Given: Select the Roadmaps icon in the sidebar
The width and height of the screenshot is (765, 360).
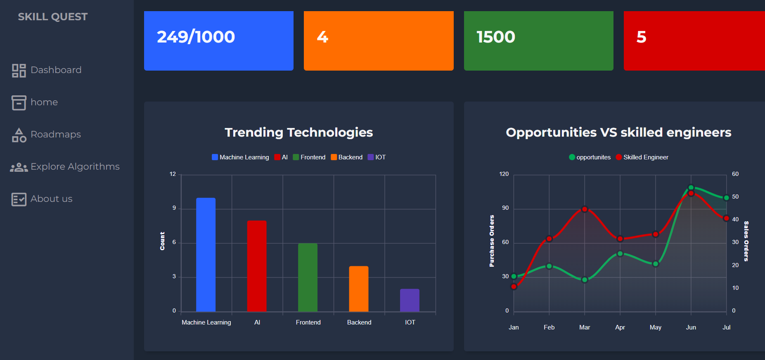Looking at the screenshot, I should [19, 135].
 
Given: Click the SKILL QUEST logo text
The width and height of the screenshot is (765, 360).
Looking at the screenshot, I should [53, 17].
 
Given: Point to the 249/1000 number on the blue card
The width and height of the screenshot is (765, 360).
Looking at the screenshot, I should [196, 37].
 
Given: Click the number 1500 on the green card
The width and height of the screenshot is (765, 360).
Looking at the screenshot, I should [495, 37].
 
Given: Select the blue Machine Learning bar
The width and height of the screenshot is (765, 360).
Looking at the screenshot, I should [206, 254].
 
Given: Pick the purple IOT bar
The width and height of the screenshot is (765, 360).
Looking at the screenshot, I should [410, 300].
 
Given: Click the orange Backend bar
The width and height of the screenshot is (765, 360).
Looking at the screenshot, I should [358, 289].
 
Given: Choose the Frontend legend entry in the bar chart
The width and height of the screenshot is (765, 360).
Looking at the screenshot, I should [309, 157].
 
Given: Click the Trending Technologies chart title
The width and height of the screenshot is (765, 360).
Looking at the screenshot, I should [298, 133].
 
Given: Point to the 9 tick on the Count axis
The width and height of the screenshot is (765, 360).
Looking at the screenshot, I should [174, 208].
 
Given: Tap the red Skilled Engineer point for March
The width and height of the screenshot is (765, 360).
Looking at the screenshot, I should [585, 209].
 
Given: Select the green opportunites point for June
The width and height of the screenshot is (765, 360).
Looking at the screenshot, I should [691, 188].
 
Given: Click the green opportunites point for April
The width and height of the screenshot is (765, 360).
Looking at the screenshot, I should [620, 253].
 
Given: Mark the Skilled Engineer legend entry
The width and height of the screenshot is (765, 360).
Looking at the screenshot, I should [642, 157].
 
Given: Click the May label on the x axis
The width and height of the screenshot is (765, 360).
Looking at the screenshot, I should [655, 327].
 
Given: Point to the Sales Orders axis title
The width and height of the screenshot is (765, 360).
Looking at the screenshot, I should [746, 241].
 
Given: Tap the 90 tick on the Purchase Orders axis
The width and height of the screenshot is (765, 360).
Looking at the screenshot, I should [505, 208].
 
